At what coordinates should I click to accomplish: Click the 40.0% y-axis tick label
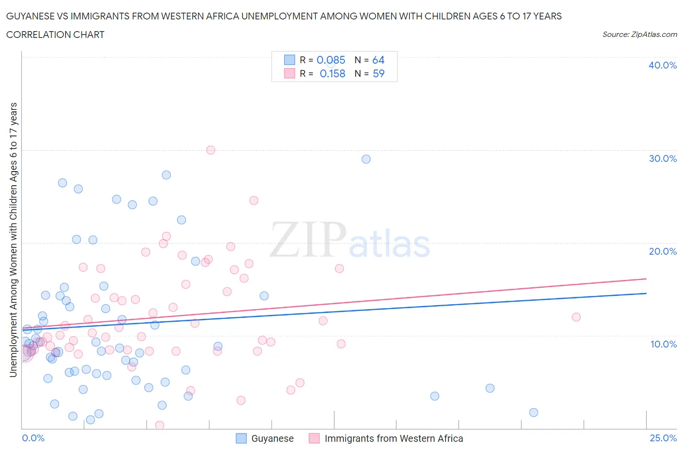662,65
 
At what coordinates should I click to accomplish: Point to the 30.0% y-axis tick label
662,158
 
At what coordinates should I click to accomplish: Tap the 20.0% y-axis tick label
662,251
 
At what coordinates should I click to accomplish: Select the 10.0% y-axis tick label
663,344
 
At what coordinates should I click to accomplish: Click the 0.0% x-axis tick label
33,438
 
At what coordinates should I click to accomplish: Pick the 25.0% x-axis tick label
663,438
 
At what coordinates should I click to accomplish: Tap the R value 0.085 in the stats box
331,60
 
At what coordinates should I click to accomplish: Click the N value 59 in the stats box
378,73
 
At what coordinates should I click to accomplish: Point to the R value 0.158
332,73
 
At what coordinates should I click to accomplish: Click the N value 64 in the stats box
378,60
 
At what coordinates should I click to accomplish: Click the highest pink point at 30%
210,150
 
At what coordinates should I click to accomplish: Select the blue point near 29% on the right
366,159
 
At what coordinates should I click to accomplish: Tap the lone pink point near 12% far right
576,317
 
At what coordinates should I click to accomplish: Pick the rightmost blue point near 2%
533,413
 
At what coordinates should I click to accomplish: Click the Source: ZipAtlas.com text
639,34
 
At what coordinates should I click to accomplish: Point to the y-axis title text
14,240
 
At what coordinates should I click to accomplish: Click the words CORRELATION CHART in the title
55,35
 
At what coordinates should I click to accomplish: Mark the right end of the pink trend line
646,278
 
